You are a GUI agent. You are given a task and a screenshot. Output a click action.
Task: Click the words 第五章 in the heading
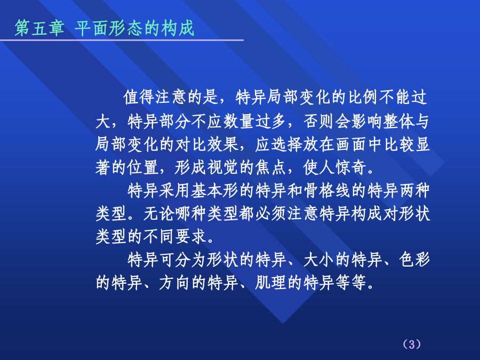39,28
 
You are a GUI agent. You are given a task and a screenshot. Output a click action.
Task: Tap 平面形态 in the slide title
108,28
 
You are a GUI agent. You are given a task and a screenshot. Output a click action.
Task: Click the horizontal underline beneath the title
122,40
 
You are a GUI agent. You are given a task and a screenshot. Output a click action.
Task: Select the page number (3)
412,345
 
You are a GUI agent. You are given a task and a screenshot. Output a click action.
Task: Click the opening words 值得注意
155,97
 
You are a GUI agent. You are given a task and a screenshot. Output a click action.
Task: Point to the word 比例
363,97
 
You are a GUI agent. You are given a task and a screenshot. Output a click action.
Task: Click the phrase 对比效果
206,144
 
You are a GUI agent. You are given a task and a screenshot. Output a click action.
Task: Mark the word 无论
159,213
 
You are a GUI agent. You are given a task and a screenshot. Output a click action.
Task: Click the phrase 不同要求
175,236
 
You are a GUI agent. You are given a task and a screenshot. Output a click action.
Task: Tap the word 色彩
414,260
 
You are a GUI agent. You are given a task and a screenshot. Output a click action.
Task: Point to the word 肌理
270,282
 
